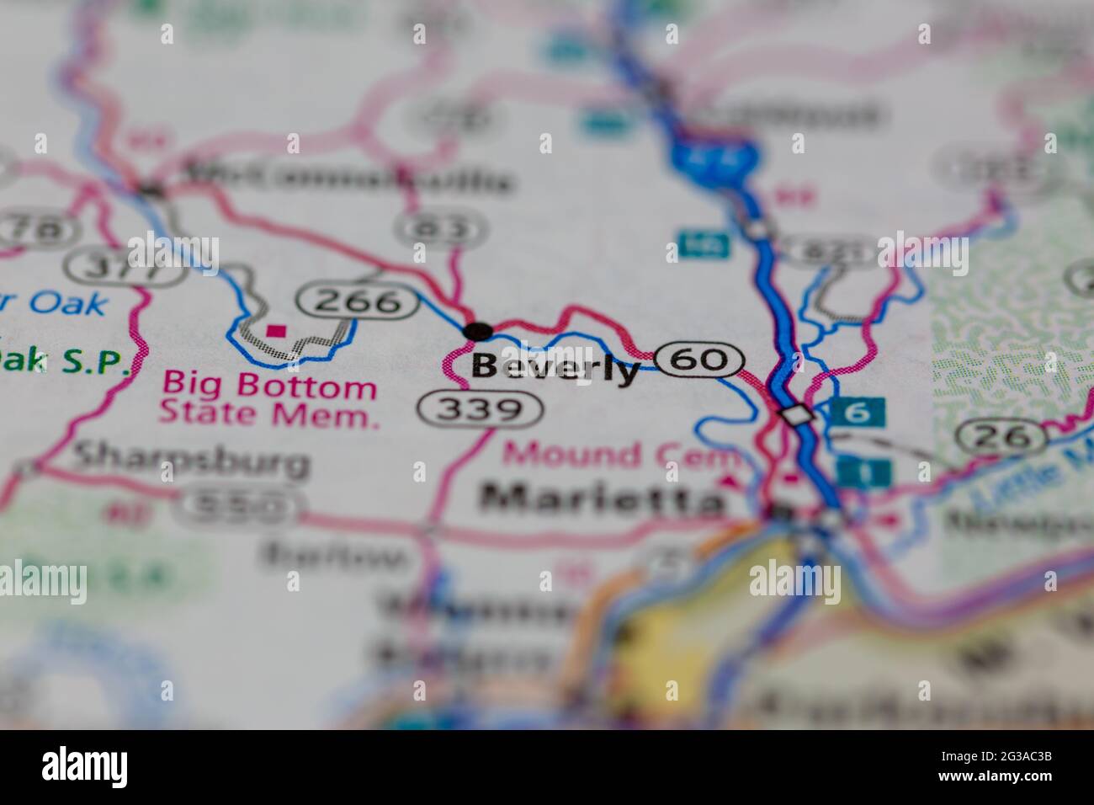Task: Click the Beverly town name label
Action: click(x=555, y=368)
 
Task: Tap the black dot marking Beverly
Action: click(x=479, y=331)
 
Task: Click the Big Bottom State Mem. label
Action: click(x=268, y=399)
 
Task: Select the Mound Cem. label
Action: click(x=621, y=455)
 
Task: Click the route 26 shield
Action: click(x=1003, y=435)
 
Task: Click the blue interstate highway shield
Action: click(x=714, y=153)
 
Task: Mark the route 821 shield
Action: click(x=827, y=250)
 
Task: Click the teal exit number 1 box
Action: click(x=864, y=472)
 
